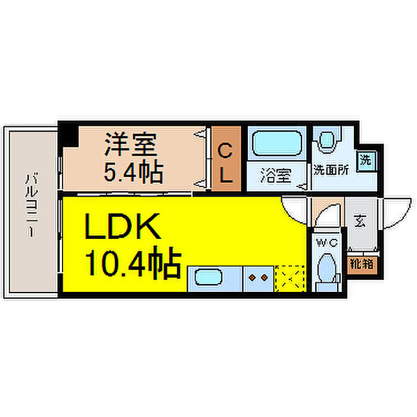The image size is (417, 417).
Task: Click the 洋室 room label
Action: [x=130, y=144]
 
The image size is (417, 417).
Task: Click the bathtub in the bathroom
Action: [x=276, y=144]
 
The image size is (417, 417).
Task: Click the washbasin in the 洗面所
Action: [x=326, y=141]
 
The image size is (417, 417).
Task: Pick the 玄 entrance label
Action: [x=359, y=222]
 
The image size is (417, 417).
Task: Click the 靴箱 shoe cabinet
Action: [x=361, y=263]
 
